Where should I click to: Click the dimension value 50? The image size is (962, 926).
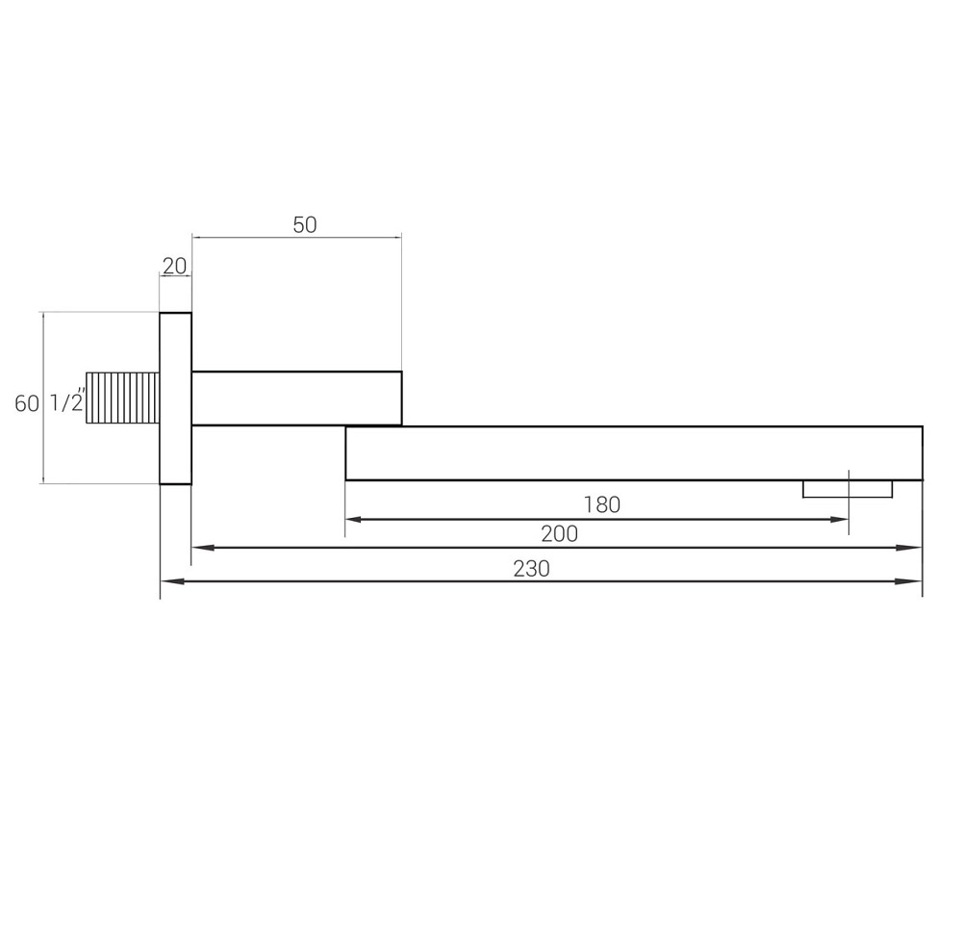(304, 225)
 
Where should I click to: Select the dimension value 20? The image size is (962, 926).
(174, 266)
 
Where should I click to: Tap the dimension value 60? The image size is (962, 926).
(26, 403)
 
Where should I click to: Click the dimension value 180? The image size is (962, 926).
(601, 504)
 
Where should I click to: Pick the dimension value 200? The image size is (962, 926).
(559, 533)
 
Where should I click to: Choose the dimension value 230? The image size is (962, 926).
(531, 569)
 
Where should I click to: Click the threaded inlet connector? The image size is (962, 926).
(122, 398)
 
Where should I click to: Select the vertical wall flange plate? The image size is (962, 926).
(175, 398)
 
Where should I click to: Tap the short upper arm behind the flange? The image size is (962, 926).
(296, 398)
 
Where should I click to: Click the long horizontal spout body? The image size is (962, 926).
(633, 452)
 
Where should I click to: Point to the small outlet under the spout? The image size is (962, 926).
(847, 489)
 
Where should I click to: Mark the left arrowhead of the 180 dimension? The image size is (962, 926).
(353, 520)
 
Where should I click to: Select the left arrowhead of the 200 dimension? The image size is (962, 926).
(200, 548)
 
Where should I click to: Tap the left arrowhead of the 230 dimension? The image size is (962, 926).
(169, 581)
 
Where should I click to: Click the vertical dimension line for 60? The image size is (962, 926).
(43, 443)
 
